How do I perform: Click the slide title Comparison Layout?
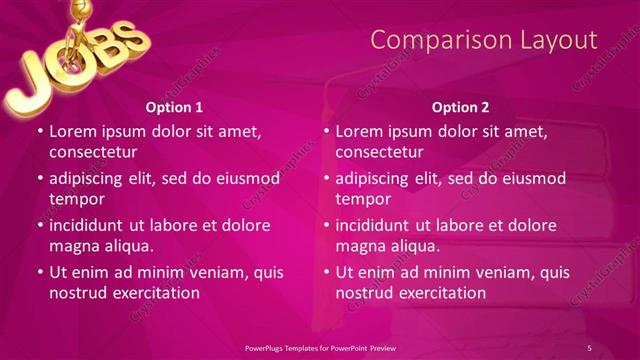tap(483, 40)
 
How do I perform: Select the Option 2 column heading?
tap(460, 107)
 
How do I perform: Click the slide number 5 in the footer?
tap(589, 347)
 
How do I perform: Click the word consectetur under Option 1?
tap(93, 152)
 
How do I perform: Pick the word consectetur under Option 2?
tap(379, 152)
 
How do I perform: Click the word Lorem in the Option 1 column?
tap(73, 131)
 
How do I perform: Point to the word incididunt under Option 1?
tap(91, 225)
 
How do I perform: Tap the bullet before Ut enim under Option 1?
tap(39, 272)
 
